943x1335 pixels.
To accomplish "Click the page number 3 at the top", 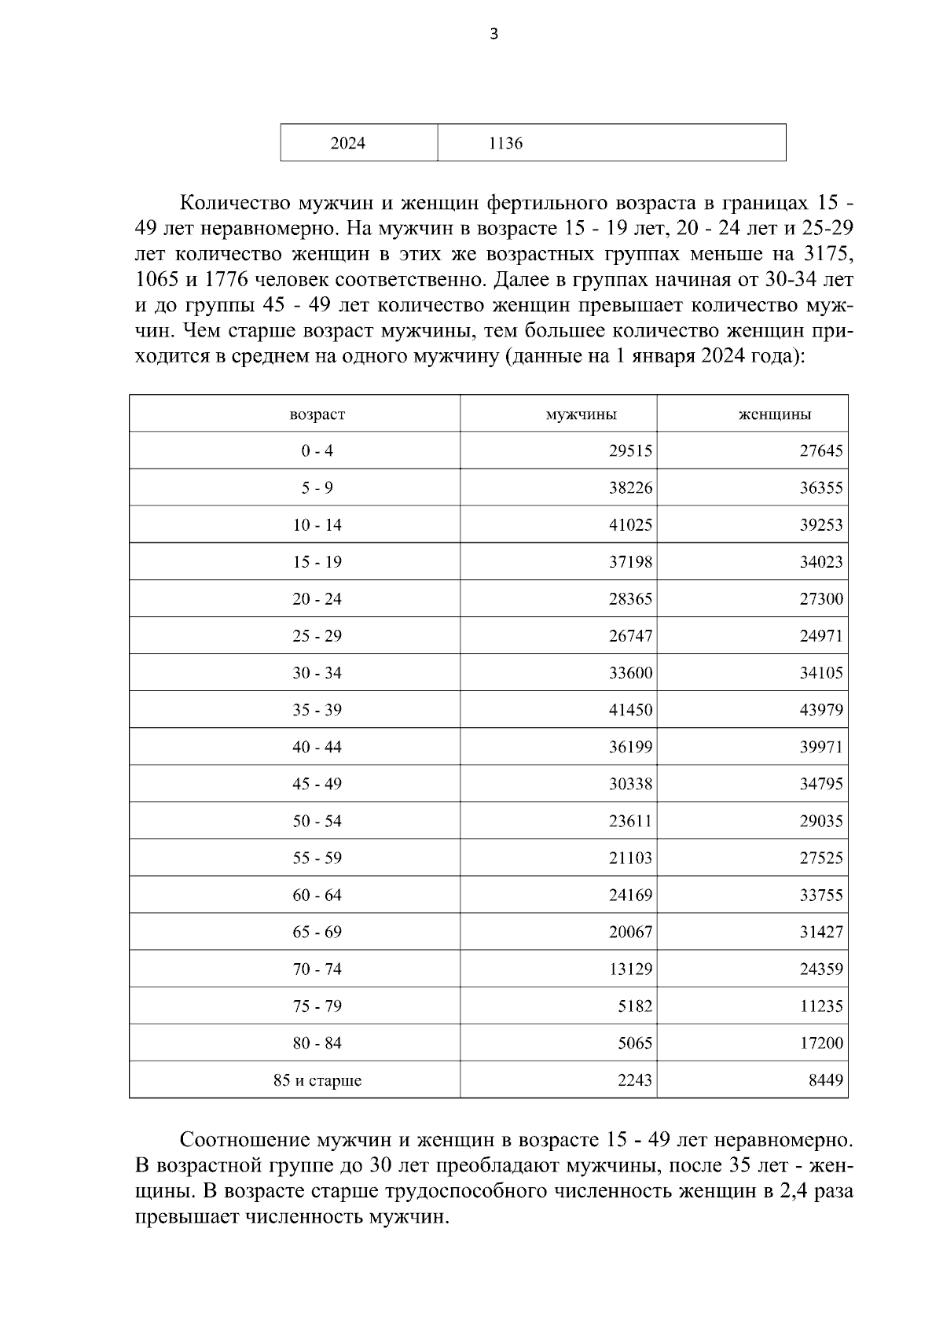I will [494, 34].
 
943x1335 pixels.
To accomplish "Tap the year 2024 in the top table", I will [347, 143].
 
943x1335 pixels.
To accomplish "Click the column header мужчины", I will [581, 414].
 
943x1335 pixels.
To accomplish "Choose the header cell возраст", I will [317, 414].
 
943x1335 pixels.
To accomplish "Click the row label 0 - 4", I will [317, 451].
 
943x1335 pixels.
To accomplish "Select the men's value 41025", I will [630, 525].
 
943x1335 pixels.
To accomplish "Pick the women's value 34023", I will [821, 562].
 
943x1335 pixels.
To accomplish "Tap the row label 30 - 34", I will [317, 673].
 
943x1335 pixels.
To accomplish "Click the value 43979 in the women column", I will [821, 710].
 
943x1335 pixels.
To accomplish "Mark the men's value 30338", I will [630, 784].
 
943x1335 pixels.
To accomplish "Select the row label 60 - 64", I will [317, 895].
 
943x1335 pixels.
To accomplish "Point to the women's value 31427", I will [821, 932].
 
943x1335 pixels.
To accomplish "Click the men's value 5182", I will [635, 1006].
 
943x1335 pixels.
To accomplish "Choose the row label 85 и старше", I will [317, 1080].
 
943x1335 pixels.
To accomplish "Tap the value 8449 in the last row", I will [826, 1080].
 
